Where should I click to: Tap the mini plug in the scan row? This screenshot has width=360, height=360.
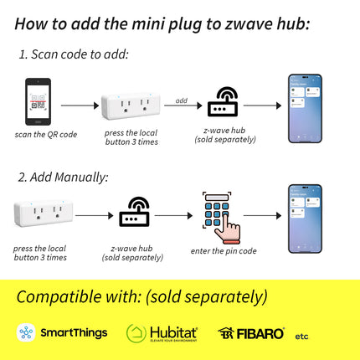(x=130, y=106)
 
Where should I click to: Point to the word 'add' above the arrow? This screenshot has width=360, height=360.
(x=181, y=100)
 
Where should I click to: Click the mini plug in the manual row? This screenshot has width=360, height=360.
(x=40, y=214)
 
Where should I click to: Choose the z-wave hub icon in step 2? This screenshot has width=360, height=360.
(x=135, y=213)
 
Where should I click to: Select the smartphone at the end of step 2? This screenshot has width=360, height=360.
(x=305, y=213)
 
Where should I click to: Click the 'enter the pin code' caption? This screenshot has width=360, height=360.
(x=223, y=250)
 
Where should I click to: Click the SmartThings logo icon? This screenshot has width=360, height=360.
(x=26, y=332)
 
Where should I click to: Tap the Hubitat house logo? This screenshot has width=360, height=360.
(x=136, y=333)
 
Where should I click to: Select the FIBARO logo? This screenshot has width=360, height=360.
(x=251, y=333)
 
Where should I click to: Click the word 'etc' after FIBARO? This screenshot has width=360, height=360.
(x=301, y=336)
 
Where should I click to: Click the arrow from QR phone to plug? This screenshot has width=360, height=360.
(x=80, y=106)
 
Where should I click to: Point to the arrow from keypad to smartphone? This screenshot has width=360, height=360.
(x=262, y=215)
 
